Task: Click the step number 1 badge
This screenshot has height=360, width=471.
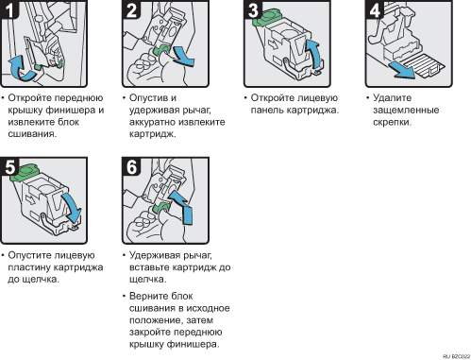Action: point(8,9)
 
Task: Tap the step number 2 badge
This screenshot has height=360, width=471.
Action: point(131,9)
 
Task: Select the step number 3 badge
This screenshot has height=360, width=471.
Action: point(253,9)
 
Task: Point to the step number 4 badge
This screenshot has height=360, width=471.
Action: point(375,9)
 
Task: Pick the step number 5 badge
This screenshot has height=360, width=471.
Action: point(9,166)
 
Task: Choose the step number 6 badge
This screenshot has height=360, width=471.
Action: point(131,166)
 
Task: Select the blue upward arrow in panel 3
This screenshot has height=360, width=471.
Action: point(314,54)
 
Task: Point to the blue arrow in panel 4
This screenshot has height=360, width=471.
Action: point(402,70)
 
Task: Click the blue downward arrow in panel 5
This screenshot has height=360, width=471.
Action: point(73,208)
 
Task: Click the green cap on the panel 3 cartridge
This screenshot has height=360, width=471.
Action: point(266,17)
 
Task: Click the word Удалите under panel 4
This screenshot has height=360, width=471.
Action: point(392,98)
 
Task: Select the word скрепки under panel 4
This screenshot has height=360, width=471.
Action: point(392,122)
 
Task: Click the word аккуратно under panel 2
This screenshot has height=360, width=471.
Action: point(154,122)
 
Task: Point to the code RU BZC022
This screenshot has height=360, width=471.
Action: point(456,356)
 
